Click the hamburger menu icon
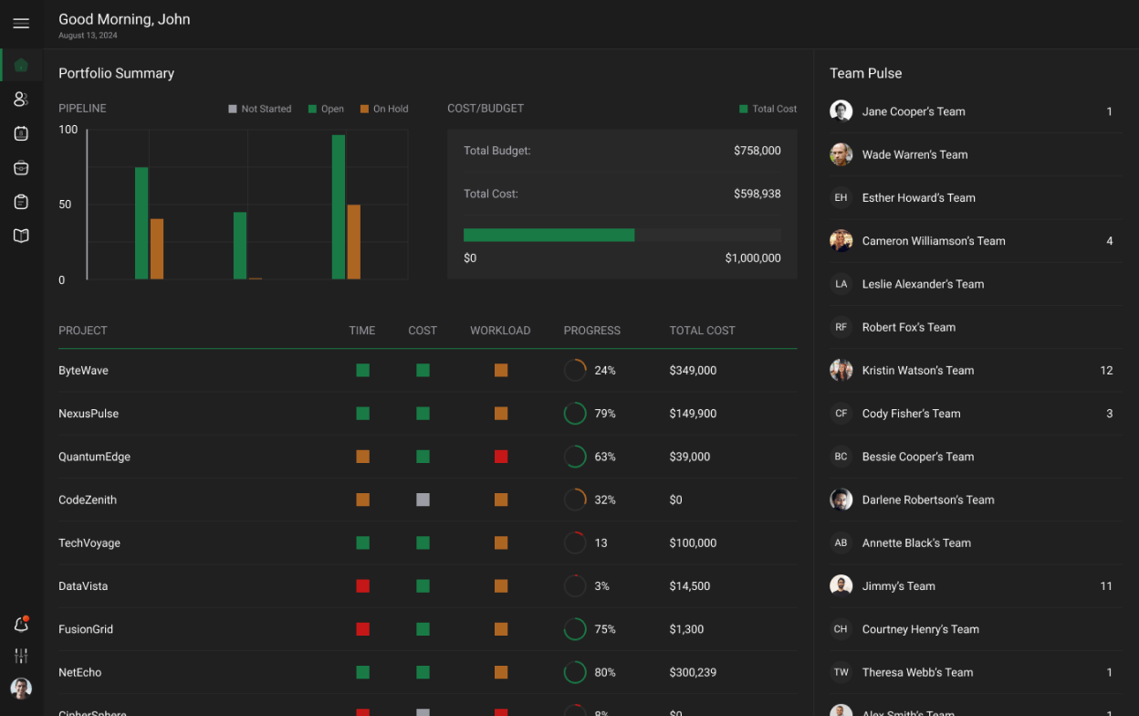(x=21, y=24)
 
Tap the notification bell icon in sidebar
(x=21, y=625)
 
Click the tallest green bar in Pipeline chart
(x=339, y=207)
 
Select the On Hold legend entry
(x=384, y=109)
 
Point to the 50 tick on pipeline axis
(x=65, y=205)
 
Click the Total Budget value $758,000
(x=757, y=151)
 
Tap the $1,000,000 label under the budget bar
(x=752, y=258)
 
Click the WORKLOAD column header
(x=500, y=331)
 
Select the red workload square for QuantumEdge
(x=501, y=457)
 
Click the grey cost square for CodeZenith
(x=423, y=500)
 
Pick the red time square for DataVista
(x=362, y=586)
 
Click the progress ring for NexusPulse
(x=575, y=414)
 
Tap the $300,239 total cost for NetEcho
(x=693, y=672)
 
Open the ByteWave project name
(x=83, y=371)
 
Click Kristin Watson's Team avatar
(x=841, y=370)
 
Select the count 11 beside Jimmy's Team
(x=1106, y=586)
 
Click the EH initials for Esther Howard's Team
(x=841, y=197)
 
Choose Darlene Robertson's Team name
(x=928, y=500)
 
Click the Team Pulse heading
(x=865, y=73)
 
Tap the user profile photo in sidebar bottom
(x=21, y=688)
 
